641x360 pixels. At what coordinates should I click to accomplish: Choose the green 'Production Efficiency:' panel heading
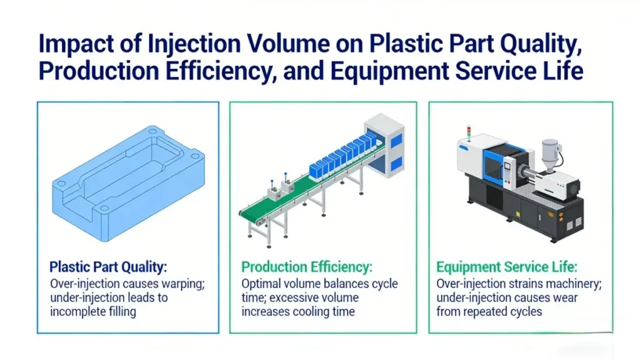[x=307, y=267]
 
